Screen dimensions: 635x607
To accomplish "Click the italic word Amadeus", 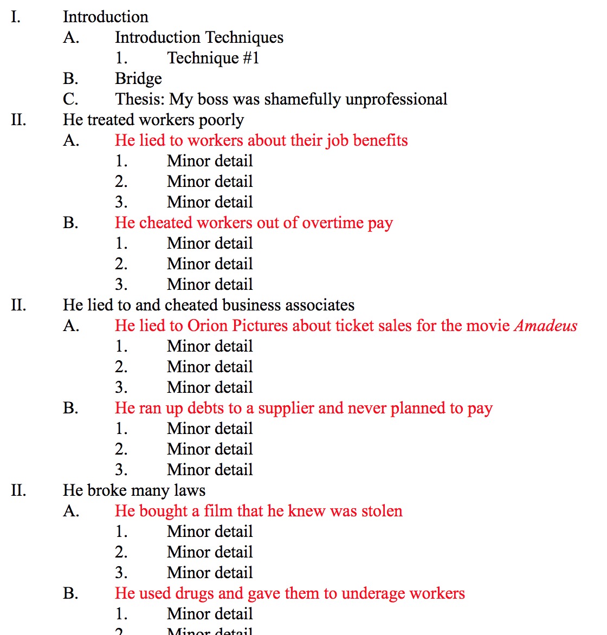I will pyautogui.click(x=546, y=326).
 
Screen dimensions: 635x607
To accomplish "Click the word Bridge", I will pyautogui.click(x=138, y=79).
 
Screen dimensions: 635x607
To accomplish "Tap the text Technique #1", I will pyautogui.click(x=213, y=58).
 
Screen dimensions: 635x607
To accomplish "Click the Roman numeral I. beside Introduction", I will pyautogui.click(x=16, y=17).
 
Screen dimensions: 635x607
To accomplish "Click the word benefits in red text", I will pyautogui.click(x=380, y=140).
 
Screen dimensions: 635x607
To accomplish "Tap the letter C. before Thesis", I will pyautogui.click(x=70, y=100).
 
